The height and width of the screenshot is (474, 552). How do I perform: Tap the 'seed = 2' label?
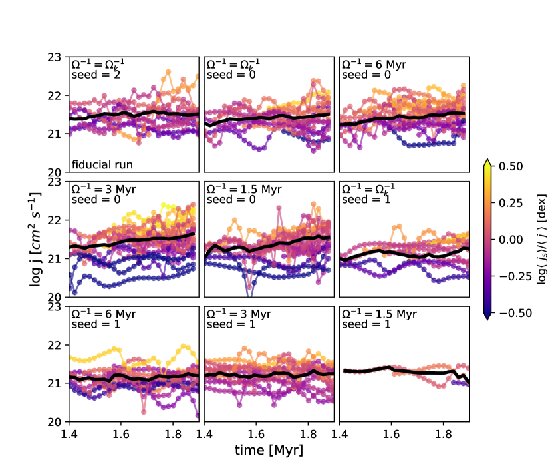coord(91,75)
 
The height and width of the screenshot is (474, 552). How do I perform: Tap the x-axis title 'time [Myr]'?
coord(269,451)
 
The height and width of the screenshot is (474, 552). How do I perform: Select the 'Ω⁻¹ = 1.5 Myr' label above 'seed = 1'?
coord(378,314)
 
